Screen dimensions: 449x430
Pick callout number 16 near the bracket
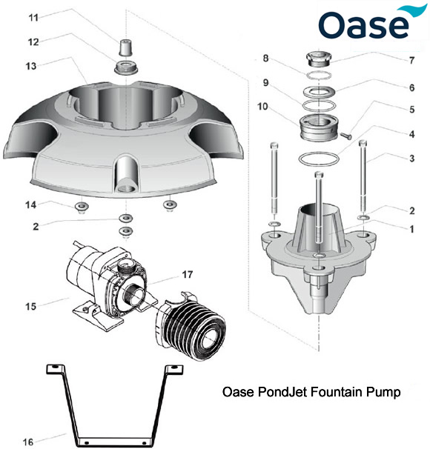click(27, 442)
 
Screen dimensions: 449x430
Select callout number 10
click(264, 106)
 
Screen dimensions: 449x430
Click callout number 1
click(411, 229)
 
